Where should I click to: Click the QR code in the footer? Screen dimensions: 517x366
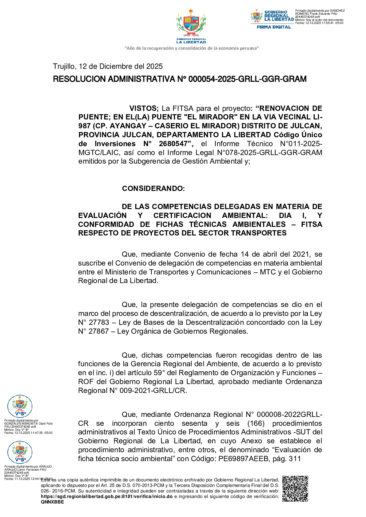pyautogui.click(x=295, y=488)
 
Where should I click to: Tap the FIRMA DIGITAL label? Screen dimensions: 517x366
pyautogui.click(x=274, y=27)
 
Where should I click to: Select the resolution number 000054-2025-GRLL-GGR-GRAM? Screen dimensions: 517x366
pyautogui.click(x=247, y=79)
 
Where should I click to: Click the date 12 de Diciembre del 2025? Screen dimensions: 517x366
pyautogui.click(x=121, y=66)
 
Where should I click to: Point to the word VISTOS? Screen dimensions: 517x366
pyautogui.click(x=143, y=108)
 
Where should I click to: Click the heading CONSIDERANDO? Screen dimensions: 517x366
pyautogui.click(x=153, y=189)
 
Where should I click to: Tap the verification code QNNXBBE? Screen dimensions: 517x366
pyautogui.click(x=52, y=502)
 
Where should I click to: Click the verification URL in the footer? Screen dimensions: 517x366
pyautogui.click(x=106, y=496)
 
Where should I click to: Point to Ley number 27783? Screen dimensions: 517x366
pyautogui.click(x=99, y=322)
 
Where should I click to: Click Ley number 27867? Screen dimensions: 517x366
pyautogui.click(x=99, y=331)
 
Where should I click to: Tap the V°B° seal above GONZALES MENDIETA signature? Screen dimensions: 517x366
pyautogui.click(x=20, y=406)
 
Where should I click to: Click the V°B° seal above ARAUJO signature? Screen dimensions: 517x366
pyautogui.click(x=20, y=452)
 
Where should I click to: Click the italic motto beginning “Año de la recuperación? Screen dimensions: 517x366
pyautogui.click(x=191, y=48)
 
